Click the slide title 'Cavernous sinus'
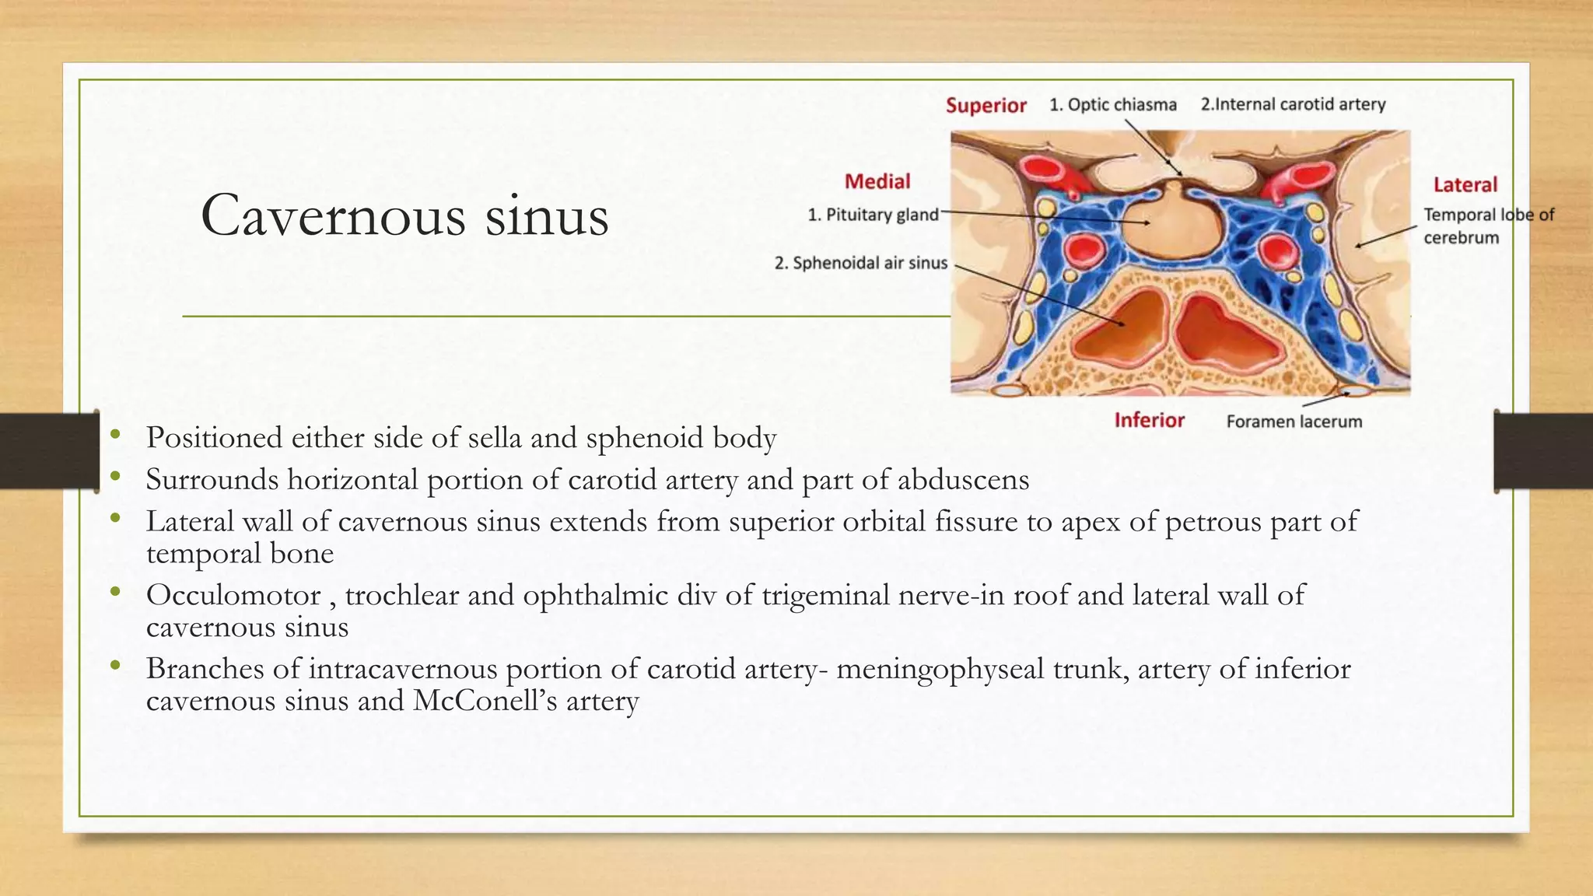[404, 215]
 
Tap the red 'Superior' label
[986, 105]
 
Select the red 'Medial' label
[877, 181]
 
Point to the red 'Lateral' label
[1465, 184]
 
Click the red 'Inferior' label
[1149, 420]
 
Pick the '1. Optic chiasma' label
[1112, 104]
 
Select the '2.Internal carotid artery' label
[1293, 104]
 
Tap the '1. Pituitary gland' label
[873, 215]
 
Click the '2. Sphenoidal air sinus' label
[860, 263]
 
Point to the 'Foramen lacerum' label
[1294, 422]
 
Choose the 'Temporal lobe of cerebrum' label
[1488, 226]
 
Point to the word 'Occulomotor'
[233, 595]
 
